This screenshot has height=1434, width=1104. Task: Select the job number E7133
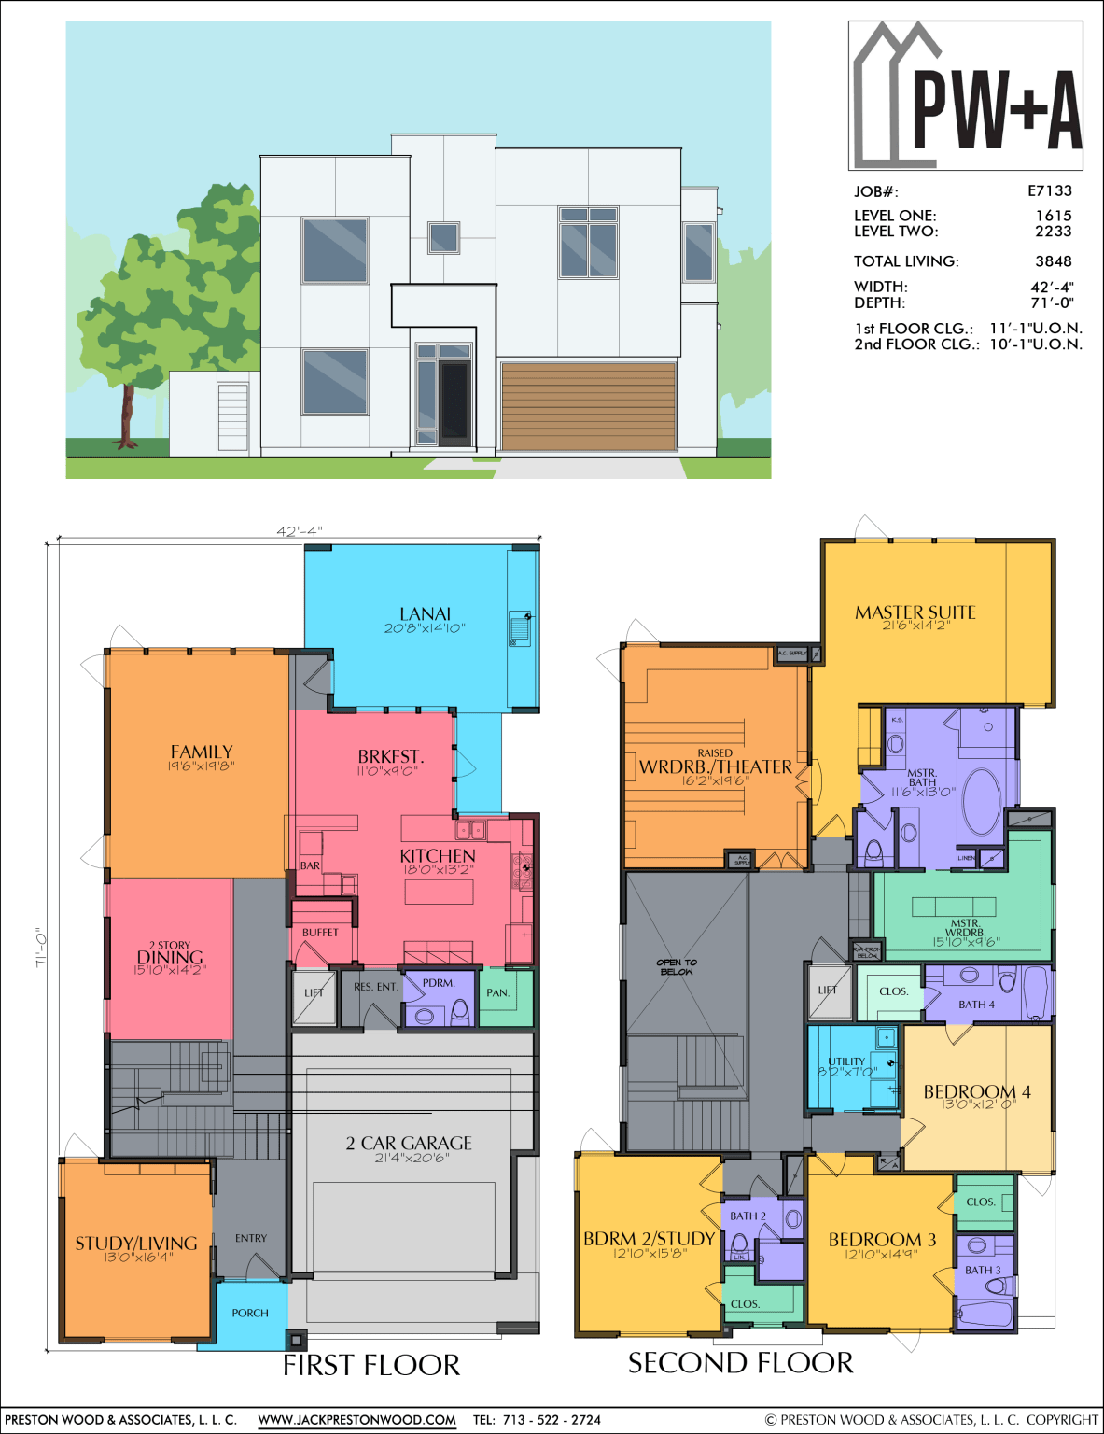tap(1050, 190)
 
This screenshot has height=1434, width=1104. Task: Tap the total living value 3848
tap(1053, 261)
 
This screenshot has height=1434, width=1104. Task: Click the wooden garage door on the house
tap(588, 406)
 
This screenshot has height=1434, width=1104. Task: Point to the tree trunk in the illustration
tap(127, 415)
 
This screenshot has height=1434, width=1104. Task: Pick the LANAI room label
tap(425, 613)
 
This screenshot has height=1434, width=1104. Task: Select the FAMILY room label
tap(201, 752)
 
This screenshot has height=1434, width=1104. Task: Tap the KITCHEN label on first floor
tap(437, 855)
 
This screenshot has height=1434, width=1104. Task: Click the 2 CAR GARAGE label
tap(409, 1143)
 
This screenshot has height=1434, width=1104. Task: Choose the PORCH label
tap(250, 1313)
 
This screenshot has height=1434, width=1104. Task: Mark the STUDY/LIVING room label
tap(136, 1243)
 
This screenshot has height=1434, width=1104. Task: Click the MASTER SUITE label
tap(915, 612)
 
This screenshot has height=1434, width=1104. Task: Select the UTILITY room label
tap(846, 1061)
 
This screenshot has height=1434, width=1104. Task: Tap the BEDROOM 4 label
tap(976, 1091)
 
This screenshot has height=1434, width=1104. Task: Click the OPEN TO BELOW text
tap(677, 966)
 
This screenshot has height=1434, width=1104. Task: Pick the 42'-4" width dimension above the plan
tap(299, 531)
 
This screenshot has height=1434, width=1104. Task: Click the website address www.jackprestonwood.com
tap(356, 1420)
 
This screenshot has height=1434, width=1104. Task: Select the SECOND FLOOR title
tap(740, 1363)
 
